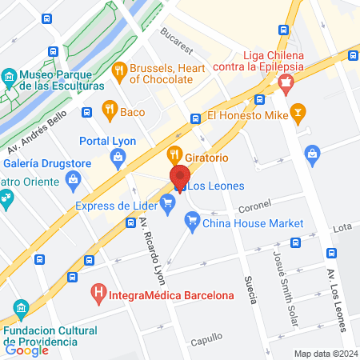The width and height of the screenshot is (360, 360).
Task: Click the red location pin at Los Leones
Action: point(180,178)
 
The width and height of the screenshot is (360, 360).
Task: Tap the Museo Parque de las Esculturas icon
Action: point(9,78)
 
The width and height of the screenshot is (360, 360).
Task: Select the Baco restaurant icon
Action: point(110,111)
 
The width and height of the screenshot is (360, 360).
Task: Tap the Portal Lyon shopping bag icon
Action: point(118,158)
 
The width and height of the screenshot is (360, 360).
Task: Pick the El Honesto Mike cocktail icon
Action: point(298,111)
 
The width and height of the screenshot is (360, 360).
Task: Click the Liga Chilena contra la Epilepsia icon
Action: point(286,81)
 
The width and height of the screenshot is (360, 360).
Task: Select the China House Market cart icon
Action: point(191,223)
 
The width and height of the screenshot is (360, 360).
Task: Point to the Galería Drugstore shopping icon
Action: point(74,179)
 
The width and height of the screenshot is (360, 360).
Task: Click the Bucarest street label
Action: point(177,38)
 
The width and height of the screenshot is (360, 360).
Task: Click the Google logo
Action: point(26,350)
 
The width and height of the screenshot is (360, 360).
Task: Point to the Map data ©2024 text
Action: point(324,354)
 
